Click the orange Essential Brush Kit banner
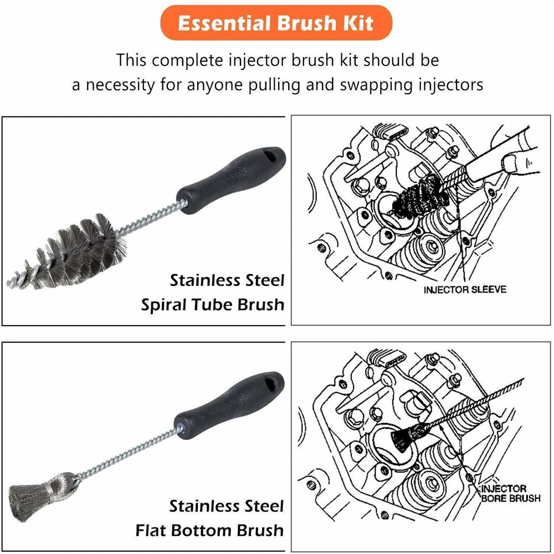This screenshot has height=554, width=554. [276, 23]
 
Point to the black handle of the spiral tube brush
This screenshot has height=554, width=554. [231, 181]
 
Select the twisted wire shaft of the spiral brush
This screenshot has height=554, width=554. [152, 217]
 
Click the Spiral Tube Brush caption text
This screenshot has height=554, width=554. [213, 305]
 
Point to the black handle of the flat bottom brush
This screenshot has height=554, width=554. [230, 406]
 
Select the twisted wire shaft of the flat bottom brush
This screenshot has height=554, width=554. [129, 452]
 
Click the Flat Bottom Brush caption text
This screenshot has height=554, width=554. [209, 530]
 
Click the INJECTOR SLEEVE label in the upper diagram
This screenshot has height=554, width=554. [465, 290]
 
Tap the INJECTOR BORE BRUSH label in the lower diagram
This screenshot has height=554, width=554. [510, 494]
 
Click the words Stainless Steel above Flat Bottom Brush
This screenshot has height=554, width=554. [227, 506]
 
